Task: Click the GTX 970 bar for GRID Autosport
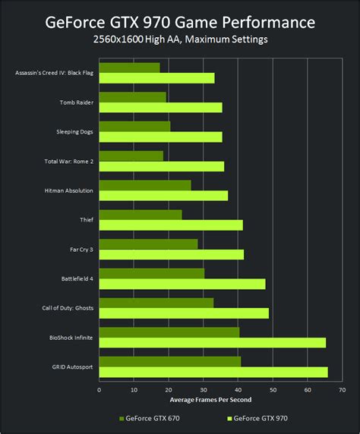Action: [213, 372]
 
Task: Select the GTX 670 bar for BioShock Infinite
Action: [169, 332]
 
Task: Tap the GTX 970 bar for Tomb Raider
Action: [160, 108]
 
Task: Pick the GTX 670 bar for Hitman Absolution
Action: [144, 185]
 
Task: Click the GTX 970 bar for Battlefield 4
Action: [182, 284]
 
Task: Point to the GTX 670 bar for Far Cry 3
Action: [148, 244]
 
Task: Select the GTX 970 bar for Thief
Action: [171, 225]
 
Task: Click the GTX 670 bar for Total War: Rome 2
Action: [131, 156]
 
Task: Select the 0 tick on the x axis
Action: [99, 390]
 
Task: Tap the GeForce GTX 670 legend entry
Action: [151, 418]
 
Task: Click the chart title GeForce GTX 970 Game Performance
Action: [180, 20]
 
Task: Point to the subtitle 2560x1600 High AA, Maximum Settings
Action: [180, 39]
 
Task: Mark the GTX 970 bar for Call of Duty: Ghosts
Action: [184, 313]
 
